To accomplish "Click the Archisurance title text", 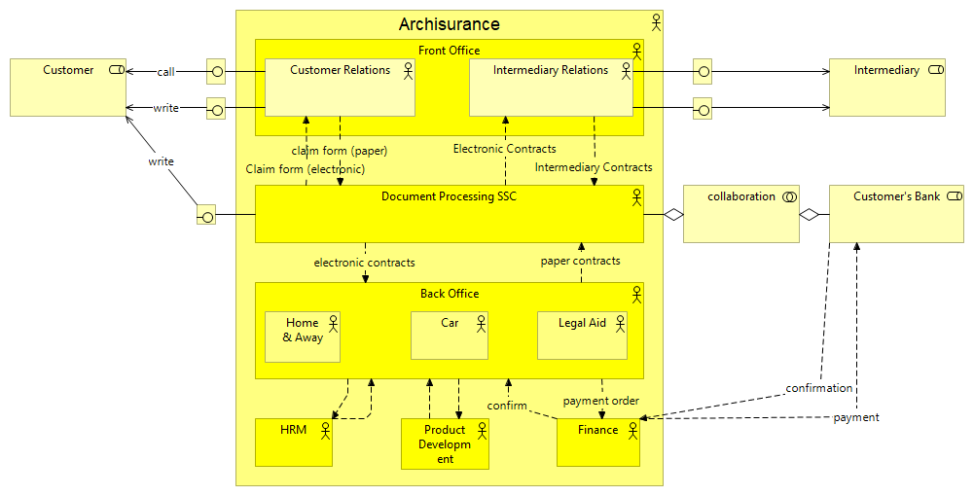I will [449, 24].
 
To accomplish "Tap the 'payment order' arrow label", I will [600, 401].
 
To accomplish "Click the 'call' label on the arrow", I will [166, 72].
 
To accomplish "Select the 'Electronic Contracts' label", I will [505, 149].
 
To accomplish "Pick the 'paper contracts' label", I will [580, 261].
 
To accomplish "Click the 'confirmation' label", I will [819, 388].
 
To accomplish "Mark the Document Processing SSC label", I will [449, 196].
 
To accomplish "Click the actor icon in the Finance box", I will [631, 429].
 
